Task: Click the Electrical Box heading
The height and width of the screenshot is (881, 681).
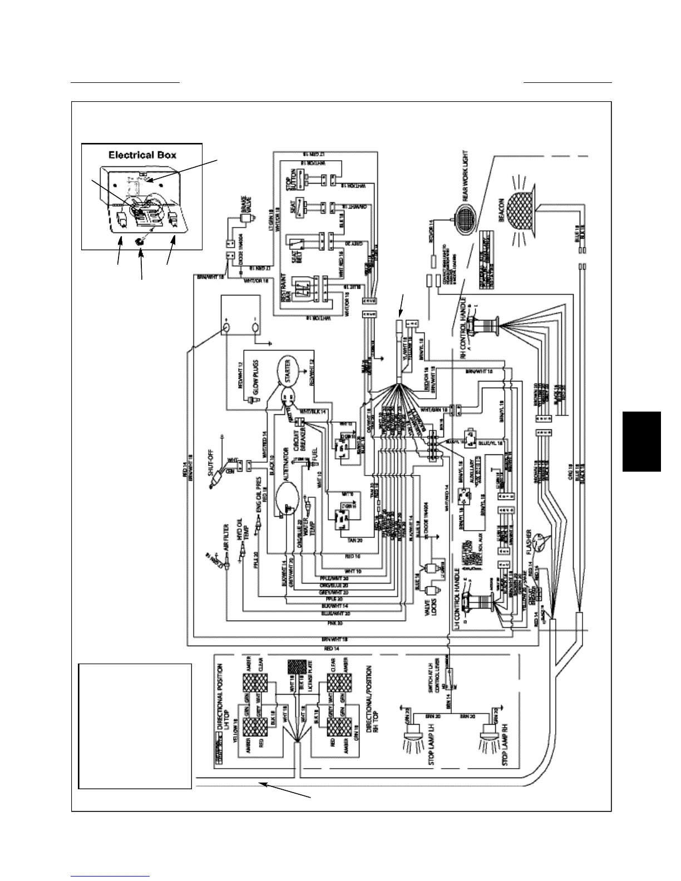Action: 142,155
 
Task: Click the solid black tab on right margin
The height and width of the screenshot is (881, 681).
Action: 641,441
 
